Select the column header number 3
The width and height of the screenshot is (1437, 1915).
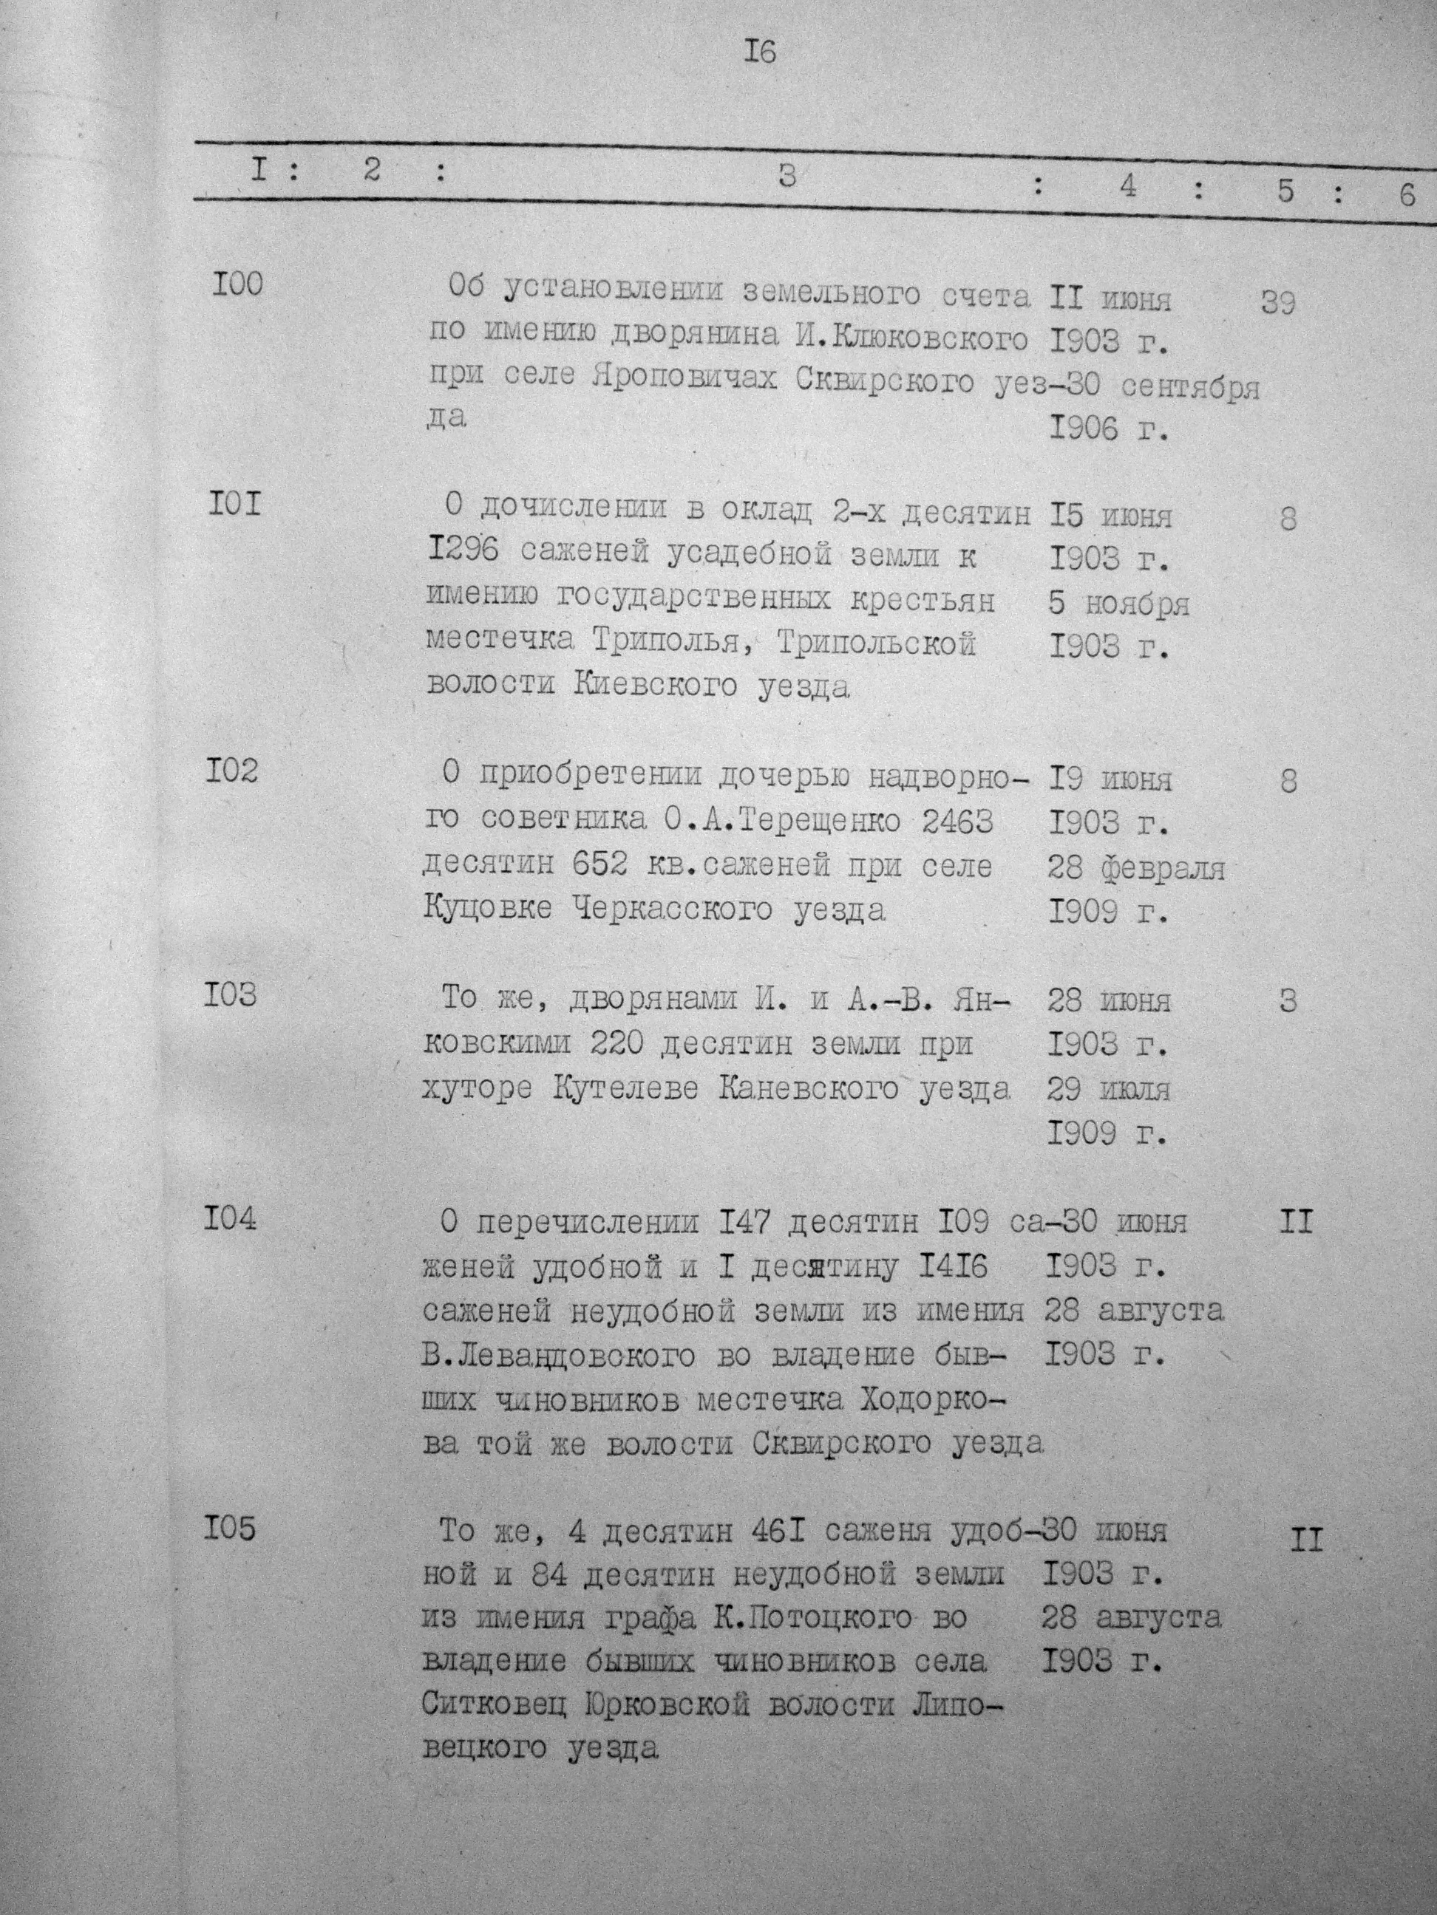787,176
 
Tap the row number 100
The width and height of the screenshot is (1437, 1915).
236,285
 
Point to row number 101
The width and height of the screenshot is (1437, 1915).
233,503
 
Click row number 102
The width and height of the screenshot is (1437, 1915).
231,770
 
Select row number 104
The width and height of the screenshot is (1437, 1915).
231,1218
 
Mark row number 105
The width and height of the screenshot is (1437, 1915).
231,1529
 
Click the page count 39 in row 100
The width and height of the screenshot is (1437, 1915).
1277,304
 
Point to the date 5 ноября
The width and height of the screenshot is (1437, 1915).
1118,604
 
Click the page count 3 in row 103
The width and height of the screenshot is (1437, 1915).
1288,1001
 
